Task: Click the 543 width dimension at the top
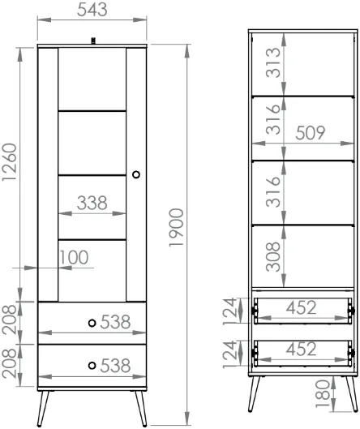(92, 10)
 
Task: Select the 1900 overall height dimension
(176, 228)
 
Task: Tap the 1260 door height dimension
(10, 162)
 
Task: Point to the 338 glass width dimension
(92, 203)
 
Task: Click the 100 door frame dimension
(74, 257)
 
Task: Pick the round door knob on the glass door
(136, 174)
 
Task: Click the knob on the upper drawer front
(92, 323)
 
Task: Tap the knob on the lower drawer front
(92, 365)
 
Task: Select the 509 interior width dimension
(311, 133)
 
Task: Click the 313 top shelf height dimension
(273, 62)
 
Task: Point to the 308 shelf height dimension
(273, 256)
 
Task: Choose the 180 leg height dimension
(323, 393)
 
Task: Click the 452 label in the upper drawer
(301, 307)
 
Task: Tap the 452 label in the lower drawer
(301, 350)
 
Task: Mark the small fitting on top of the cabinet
(93, 41)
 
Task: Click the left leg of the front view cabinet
(43, 409)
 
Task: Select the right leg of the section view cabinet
(352, 393)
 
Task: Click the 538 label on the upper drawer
(115, 322)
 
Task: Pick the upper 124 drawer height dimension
(229, 311)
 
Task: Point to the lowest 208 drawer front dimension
(9, 363)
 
